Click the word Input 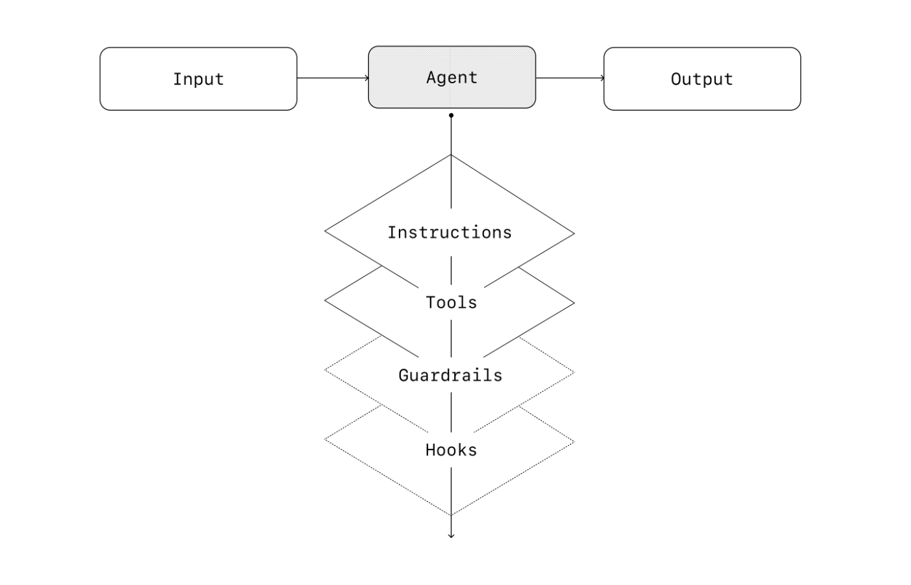click(198, 79)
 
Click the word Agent click(452, 77)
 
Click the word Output click(702, 79)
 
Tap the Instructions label click(450, 233)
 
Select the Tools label click(451, 303)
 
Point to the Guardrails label click(450, 375)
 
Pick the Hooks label click(451, 450)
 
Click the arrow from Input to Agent click(333, 78)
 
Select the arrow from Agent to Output click(570, 78)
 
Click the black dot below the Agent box click(451, 116)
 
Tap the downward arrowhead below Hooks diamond click(451, 536)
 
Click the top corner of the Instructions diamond click(451, 155)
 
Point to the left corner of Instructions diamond click(325, 231)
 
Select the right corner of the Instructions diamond click(574, 234)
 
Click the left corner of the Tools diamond click(325, 300)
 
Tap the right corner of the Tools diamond click(574, 303)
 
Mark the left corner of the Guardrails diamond click(325, 370)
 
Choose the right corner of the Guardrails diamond click(574, 372)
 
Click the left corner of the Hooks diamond click(325, 439)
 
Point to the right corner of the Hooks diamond click(574, 442)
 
